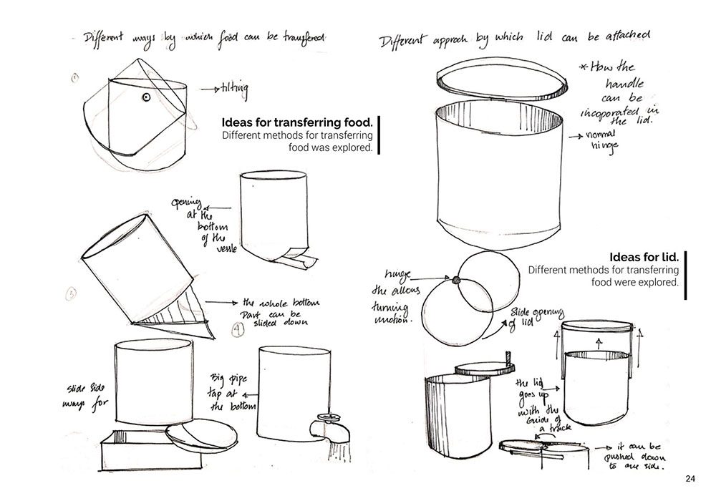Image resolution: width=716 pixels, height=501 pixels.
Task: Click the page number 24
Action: coord(690,479)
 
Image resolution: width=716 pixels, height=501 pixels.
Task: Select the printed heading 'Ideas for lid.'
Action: coord(643,256)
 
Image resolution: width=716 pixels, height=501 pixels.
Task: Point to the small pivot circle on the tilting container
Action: coord(145,96)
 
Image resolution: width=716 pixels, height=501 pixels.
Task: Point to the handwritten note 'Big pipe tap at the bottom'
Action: coord(228,391)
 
